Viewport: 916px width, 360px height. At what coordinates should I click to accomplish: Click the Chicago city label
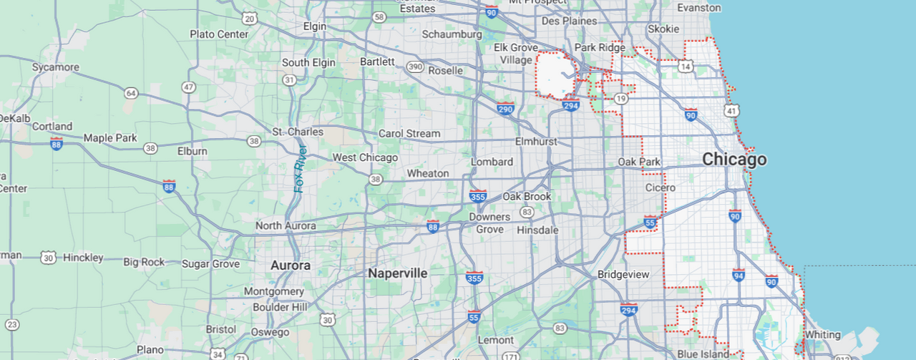(734, 160)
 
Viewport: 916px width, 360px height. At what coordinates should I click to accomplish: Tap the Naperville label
(397, 273)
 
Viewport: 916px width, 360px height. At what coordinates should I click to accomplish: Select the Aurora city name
(291, 266)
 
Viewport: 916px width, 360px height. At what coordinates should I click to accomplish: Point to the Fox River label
(301, 168)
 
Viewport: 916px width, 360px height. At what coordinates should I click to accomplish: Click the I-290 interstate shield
(505, 109)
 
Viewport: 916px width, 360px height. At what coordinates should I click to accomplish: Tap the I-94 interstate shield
(739, 275)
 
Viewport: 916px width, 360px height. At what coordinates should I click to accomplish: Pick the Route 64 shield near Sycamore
(130, 93)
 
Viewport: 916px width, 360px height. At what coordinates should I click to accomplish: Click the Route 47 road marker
(188, 87)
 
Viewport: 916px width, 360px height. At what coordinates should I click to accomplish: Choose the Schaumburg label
(452, 34)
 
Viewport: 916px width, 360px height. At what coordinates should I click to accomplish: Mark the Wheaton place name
(428, 173)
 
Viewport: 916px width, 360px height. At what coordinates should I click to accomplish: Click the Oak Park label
(639, 162)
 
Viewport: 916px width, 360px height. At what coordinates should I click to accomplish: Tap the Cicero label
(660, 188)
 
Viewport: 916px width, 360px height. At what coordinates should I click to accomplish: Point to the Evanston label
(699, 7)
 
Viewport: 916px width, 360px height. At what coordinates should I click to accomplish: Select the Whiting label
(822, 334)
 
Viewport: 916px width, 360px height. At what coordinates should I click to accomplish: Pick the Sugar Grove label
(210, 264)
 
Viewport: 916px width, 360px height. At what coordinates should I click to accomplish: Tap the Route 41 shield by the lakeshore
(731, 111)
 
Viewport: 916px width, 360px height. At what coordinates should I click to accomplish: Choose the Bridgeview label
(623, 274)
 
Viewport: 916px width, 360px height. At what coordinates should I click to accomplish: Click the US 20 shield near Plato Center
(249, 19)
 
